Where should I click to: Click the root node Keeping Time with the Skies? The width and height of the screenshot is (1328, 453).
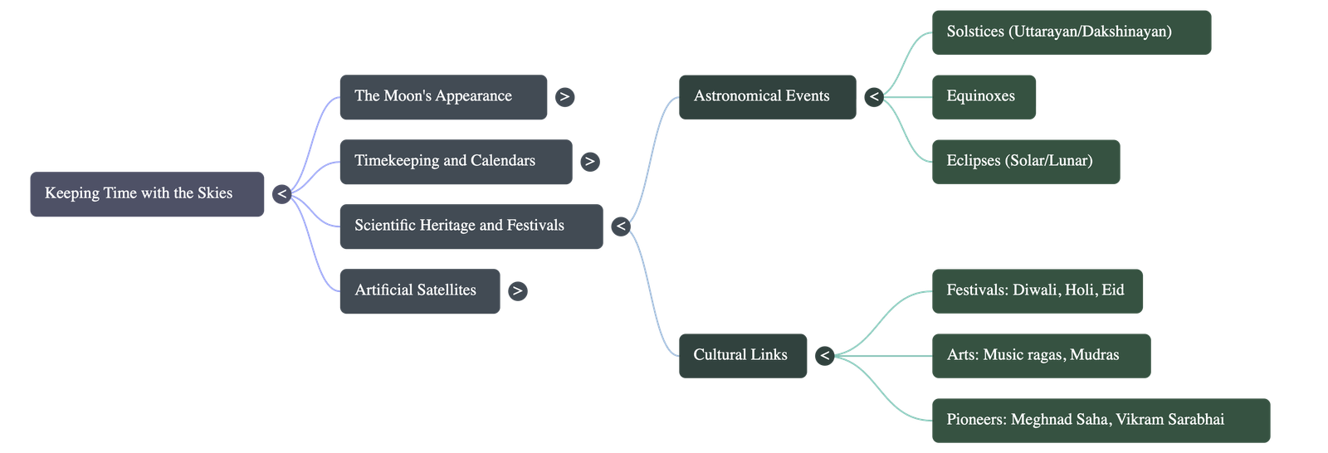point(147,194)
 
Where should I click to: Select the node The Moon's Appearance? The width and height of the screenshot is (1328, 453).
point(443,97)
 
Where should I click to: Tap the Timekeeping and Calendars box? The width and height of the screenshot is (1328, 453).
point(455,162)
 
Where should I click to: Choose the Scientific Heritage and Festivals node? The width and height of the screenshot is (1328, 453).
point(471,226)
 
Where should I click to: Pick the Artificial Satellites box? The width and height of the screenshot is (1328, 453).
point(419,291)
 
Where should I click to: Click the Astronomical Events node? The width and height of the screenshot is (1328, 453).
point(767,97)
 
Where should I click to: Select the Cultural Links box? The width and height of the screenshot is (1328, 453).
point(743,356)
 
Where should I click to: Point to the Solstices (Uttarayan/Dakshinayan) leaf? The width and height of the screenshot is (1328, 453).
point(1071,32)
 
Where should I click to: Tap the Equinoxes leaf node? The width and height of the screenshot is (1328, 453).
point(984,97)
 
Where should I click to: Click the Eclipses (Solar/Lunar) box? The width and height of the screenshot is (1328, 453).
point(1026,162)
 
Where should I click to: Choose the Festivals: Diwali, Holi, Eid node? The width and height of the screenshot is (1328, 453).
point(1037,291)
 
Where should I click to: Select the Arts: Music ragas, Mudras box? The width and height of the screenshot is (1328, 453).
point(1041,356)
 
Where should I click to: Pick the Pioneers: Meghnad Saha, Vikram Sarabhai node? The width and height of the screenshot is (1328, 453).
point(1101,421)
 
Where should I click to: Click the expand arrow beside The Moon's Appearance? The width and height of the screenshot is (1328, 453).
point(564,97)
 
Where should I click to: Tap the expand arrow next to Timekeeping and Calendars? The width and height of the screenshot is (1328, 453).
point(589,162)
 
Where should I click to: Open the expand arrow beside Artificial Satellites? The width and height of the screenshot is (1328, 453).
point(517,291)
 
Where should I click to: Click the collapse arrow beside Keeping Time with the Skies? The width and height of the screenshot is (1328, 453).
point(281,194)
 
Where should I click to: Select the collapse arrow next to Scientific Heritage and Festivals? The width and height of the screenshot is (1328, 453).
point(620,226)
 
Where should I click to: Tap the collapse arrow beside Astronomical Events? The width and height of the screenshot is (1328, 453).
point(873,97)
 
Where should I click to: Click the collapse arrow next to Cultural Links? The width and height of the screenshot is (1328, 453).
point(824,356)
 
